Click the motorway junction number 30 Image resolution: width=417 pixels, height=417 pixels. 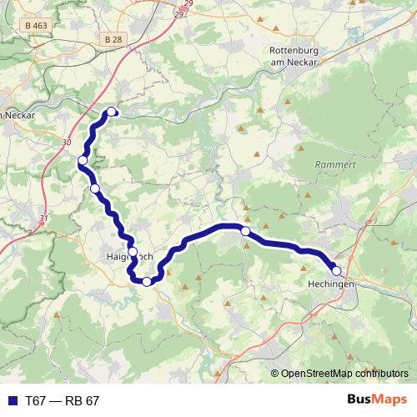(x=67, y=143)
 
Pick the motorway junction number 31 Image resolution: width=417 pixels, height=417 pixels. (x=43, y=219)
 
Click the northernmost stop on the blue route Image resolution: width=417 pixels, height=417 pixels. (x=112, y=113)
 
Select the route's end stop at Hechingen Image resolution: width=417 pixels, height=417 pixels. (x=336, y=270)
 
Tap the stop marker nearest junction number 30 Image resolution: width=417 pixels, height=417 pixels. (x=83, y=160)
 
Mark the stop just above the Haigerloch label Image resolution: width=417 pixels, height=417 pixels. (x=132, y=251)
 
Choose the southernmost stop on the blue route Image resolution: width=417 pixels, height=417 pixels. (x=147, y=281)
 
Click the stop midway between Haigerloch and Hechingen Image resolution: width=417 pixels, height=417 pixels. (x=245, y=231)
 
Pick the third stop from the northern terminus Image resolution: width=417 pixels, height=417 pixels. (x=95, y=189)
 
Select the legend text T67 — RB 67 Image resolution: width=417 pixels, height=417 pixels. (x=63, y=400)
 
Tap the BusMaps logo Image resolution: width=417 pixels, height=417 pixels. (x=376, y=399)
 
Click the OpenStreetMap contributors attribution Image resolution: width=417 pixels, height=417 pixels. (x=344, y=373)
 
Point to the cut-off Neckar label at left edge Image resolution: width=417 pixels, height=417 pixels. (x=17, y=116)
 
